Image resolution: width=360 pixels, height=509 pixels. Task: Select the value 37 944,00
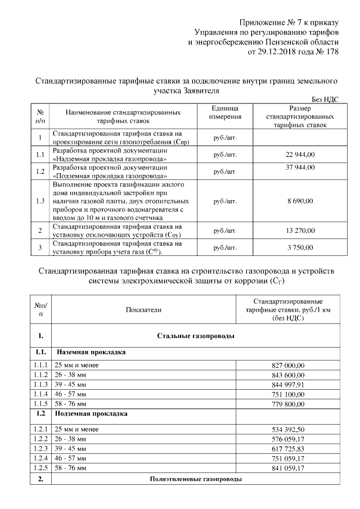coord(300,168)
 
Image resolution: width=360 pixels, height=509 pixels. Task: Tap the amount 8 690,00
coord(300,200)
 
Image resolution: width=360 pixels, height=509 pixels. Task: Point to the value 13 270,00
coord(300,230)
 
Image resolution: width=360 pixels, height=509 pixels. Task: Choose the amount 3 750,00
coord(300,247)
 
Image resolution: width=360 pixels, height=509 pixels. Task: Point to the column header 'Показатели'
coord(143,309)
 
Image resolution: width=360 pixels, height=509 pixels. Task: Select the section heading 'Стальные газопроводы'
coord(195,336)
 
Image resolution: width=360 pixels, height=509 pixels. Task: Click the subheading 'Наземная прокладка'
coord(90,352)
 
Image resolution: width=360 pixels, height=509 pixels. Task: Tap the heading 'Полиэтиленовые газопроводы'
coord(195,479)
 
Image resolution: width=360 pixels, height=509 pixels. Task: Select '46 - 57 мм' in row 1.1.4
coord(70,394)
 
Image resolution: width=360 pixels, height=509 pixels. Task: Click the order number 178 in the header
coord(332,52)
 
